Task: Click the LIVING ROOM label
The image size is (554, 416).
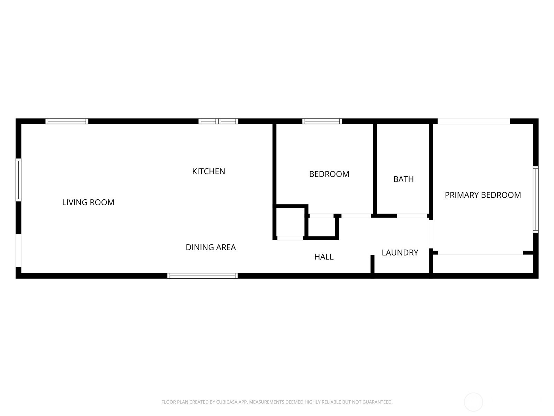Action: tap(88, 202)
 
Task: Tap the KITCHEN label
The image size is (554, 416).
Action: tap(208, 172)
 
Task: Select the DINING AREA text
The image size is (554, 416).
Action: tap(211, 247)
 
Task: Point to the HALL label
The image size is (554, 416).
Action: tap(324, 257)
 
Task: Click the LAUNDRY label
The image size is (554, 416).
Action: tap(400, 253)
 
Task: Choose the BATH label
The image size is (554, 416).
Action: tap(403, 179)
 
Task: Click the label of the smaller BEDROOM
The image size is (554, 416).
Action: tap(329, 174)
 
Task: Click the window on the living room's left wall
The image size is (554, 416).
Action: tap(18, 180)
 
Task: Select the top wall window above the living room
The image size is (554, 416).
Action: tap(67, 121)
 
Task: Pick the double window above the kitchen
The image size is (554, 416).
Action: tap(218, 121)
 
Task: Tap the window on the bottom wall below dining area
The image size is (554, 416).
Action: tap(203, 276)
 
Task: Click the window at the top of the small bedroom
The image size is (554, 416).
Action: tap(322, 121)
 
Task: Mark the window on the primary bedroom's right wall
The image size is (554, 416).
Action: tap(536, 200)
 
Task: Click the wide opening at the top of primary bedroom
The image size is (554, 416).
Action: tap(473, 121)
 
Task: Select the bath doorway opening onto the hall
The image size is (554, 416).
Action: tap(412, 216)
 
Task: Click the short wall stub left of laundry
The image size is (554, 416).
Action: tap(372, 264)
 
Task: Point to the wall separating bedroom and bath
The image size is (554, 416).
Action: tap(375, 169)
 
